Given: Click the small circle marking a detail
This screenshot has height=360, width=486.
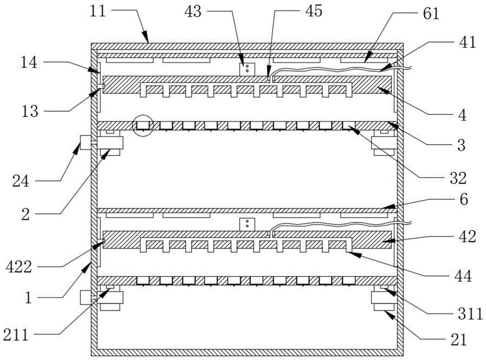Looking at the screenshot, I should pos(143,126).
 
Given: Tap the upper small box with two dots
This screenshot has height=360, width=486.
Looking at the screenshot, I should pos(247,69).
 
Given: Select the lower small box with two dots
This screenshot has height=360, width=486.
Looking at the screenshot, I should pos(247,224).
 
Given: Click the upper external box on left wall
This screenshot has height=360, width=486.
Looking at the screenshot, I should pos(87,143).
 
